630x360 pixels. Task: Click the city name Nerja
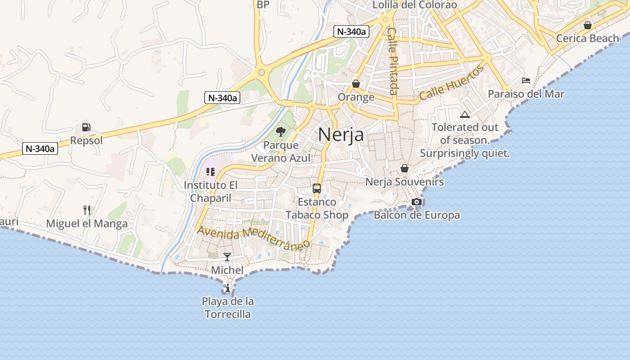[x=341, y=134]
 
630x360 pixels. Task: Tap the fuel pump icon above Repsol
[x=86, y=127]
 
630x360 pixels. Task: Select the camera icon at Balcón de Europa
[x=417, y=202]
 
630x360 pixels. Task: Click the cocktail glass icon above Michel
[x=227, y=257]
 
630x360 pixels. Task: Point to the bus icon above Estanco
[x=317, y=189]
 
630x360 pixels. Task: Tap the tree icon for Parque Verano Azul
[x=281, y=132]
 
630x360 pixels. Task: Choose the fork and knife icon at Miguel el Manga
[x=87, y=210]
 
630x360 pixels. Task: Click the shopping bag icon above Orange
[x=356, y=84]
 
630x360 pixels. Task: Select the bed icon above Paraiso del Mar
[x=526, y=81]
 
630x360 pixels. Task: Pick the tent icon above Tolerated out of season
[x=465, y=114]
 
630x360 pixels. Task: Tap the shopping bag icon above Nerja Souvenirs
[x=405, y=168]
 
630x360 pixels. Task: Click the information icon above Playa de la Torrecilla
[x=228, y=288]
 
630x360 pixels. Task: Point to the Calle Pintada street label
[x=392, y=61]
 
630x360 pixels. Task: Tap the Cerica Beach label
[x=587, y=38]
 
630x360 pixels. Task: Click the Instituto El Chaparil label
[x=211, y=191]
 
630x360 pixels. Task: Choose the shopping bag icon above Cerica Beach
[x=587, y=25]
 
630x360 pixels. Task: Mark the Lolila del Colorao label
[x=415, y=5]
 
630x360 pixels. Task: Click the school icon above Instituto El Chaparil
[x=211, y=171]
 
